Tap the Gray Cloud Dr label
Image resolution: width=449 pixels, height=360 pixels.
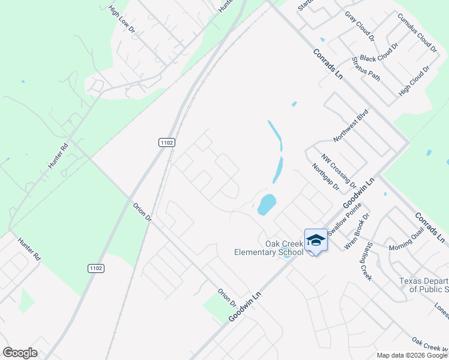click(360, 25)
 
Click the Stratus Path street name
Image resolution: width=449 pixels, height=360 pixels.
click(366, 68)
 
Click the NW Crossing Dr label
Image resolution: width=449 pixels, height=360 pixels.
click(338, 170)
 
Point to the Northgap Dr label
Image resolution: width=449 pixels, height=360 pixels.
click(326, 178)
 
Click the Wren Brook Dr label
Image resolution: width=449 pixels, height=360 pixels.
click(357, 230)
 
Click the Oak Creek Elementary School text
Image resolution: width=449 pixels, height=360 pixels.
click(268, 248)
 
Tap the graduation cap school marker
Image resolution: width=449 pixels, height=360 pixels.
click(316, 241)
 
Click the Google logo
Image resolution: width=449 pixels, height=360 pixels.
click(20, 353)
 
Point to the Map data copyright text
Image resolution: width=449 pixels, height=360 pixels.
click(412, 355)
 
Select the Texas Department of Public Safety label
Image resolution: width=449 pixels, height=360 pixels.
click(424, 285)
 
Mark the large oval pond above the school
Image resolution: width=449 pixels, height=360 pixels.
click(267, 204)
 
